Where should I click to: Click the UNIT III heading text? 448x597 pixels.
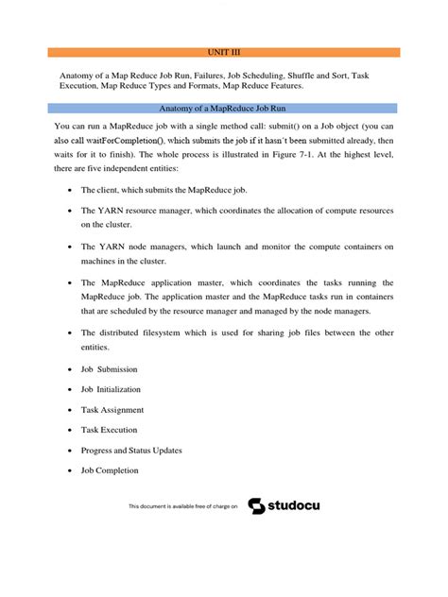pyautogui.click(x=224, y=52)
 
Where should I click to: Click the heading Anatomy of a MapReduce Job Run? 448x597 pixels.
pyautogui.click(x=223, y=109)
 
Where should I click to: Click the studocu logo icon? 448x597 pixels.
pyautogui.click(x=256, y=507)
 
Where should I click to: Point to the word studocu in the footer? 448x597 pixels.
pyautogui.click(x=295, y=507)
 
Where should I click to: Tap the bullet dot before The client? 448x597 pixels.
pyautogui.click(x=72, y=190)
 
